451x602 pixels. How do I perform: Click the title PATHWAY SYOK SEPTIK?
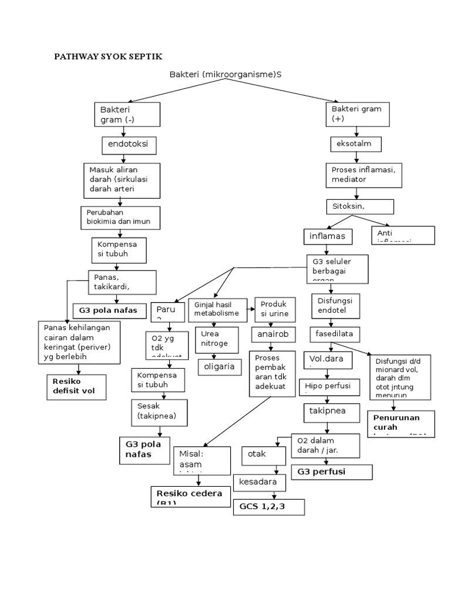pos(108,56)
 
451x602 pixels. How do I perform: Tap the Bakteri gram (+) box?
pos(358,114)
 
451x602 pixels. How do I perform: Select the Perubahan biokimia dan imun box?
pos(120,218)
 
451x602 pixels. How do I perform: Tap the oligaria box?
pos(218,367)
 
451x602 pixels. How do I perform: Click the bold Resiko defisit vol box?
pos(76,385)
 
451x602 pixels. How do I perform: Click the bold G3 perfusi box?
pos(332,471)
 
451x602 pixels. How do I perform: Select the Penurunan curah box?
pos(401,423)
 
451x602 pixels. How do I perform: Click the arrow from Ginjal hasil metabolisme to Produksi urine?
pos(249,306)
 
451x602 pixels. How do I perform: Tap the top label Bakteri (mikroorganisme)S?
pos(225,75)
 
